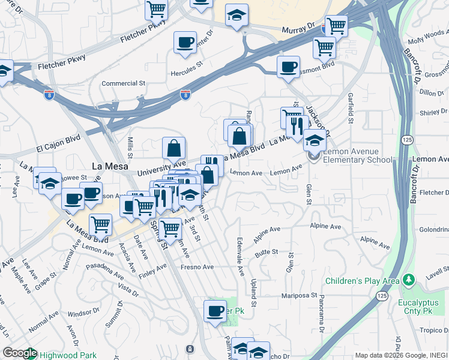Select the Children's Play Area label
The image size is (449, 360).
click(x=362, y=281)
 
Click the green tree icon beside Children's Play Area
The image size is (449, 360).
click(x=409, y=280)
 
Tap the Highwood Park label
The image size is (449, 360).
click(x=68, y=355)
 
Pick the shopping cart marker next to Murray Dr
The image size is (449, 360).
click(x=336, y=26)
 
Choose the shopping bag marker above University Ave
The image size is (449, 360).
click(x=173, y=147)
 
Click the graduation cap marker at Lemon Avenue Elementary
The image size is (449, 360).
click(x=314, y=140)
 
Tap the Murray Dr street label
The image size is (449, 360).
click(x=299, y=28)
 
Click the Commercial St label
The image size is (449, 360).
click(x=124, y=83)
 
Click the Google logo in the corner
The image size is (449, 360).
click(x=19, y=353)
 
